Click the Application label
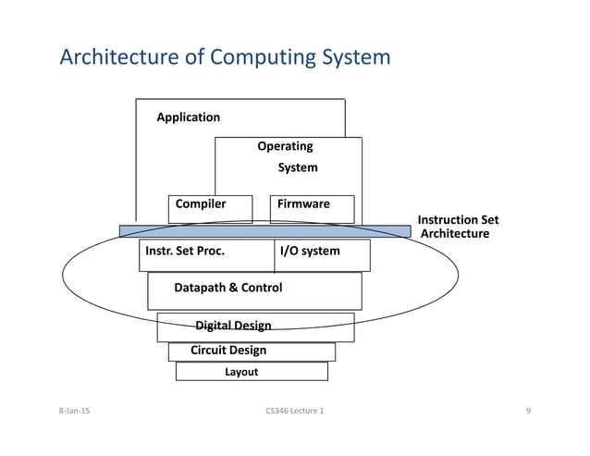pos(188,117)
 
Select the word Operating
pos(285,146)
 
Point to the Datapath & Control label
pos(227,288)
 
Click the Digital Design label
pos(233,326)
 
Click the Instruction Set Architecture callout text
pos(457,228)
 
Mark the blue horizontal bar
pos(264,230)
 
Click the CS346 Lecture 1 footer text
pos(294,410)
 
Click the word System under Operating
pos(298,168)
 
